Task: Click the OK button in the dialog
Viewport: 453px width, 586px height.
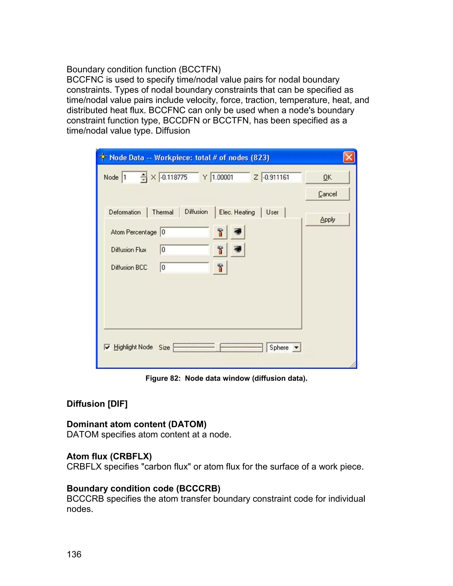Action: coord(327,177)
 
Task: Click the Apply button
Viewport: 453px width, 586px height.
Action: coord(327,220)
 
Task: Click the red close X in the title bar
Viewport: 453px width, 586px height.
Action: coord(349,157)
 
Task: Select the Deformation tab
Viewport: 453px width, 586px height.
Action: coord(125,212)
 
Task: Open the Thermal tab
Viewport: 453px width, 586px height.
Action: coord(163,212)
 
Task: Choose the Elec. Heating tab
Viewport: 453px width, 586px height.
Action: coord(237,212)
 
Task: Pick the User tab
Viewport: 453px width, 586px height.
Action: coord(272,212)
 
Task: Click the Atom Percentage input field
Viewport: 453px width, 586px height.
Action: coord(184,232)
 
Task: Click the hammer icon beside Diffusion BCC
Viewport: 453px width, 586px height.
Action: coord(220,268)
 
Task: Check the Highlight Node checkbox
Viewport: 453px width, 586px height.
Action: coord(107,347)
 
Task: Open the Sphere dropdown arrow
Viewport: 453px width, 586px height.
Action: coord(296,347)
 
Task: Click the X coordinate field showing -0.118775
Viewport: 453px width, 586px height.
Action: coord(179,177)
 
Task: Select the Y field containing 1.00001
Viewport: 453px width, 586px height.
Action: coord(230,177)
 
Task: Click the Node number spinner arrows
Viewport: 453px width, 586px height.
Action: coord(144,177)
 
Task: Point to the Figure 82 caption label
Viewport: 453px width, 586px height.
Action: coord(226,378)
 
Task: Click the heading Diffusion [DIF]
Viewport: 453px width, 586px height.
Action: coord(97,404)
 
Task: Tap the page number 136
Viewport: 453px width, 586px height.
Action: coord(74,554)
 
